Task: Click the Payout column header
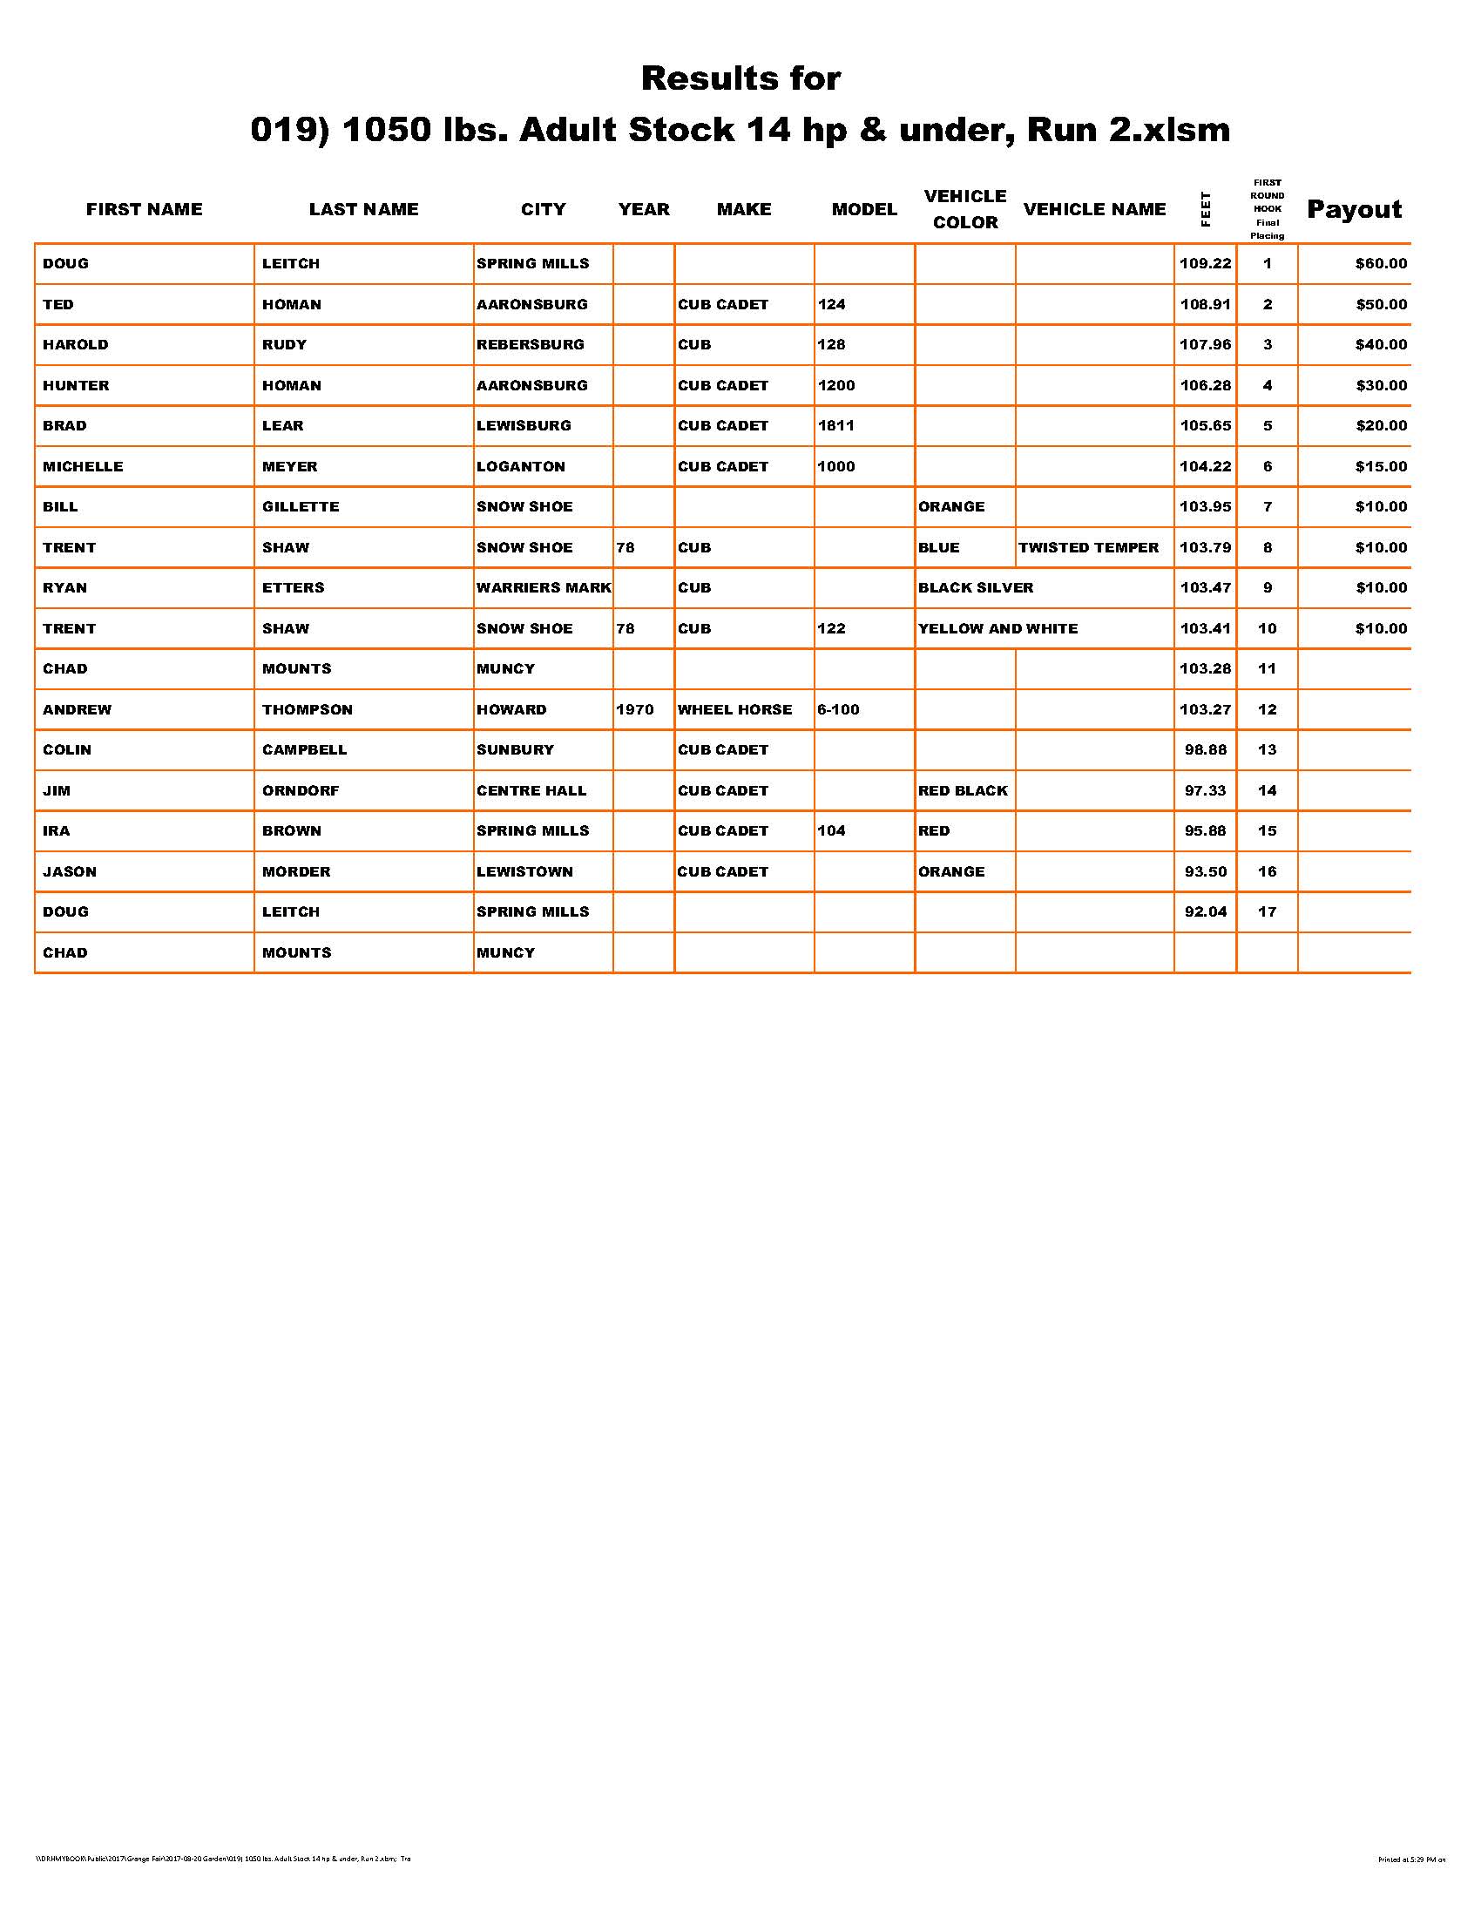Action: click(x=1354, y=209)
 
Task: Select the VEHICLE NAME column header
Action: click(x=1094, y=209)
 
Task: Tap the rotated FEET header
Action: click(x=1206, y=209)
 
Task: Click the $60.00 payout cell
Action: click(x=1380, y=263)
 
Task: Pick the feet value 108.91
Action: click(x=1205, y=305)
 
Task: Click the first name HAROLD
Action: click(x=76, y=344)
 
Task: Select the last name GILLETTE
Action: click(x=300, y=506)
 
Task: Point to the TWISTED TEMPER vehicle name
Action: click(x=1088, y=548)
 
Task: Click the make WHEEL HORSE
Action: click(x=734, y=709)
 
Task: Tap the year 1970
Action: click(x=634, y=709)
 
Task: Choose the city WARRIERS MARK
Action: click(x=543, y=587)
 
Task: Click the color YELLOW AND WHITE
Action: click(x=997, y=628)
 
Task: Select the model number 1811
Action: click(x=836, y=426)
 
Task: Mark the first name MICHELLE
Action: click(x=84, y=466)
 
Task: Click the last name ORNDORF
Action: click(x=300, y=790)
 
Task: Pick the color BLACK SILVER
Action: click(x=976, y=587)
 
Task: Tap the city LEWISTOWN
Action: click(x=524, y=871)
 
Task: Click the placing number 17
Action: click(x=1267, y=912)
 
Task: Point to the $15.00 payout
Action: click(x=1380, y=466)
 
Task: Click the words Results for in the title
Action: click(x=740, y=78)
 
